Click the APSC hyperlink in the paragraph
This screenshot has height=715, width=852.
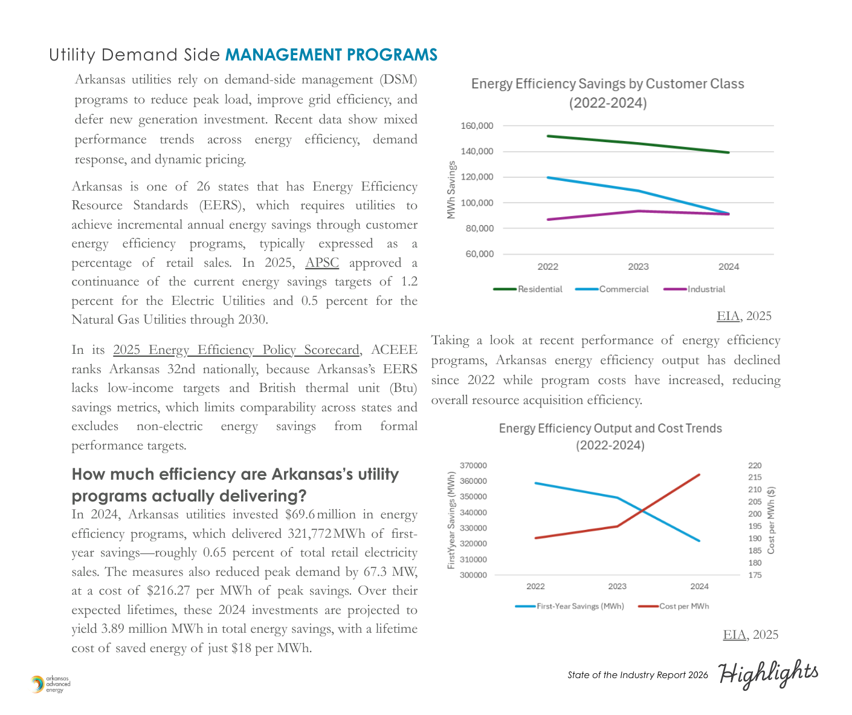(x=322, y=263)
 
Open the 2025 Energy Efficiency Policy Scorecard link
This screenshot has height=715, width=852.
(x=236, y=350)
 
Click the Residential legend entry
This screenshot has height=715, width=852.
(x=540, y=289)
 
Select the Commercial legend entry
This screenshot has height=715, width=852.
(x=624, y=289)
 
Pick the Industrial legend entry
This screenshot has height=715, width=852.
(x=706, y=289)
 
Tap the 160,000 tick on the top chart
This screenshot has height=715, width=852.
(x=477, y=126)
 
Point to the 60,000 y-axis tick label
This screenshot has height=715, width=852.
(x=479, y=254)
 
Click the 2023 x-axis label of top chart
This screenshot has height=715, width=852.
(x=638, y=267)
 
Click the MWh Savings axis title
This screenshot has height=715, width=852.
(x=451, y=190)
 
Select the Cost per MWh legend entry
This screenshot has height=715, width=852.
(x=684, y=606)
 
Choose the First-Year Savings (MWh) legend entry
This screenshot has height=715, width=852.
(x=580, y=606)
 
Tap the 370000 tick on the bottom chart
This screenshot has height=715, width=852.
(x=473, y=466)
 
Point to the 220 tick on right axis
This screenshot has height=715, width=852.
(x=755, y=466)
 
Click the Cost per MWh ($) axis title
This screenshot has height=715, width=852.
(x=771, y=520)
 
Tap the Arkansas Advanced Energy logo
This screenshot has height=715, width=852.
(x=51, y=684)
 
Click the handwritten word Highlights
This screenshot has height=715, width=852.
(x=768, y=673)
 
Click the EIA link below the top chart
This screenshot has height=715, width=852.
(x=728, y=316)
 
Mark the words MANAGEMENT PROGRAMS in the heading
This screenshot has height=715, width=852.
(x=331, y=55)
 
